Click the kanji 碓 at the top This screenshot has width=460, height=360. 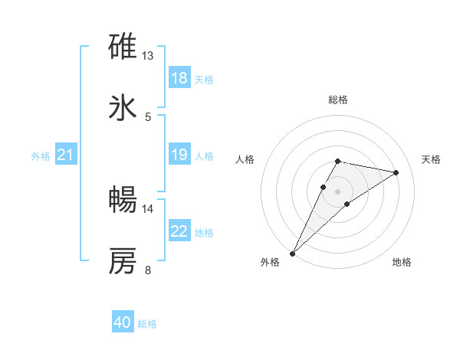coord(123,47)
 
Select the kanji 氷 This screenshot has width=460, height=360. coord(123,107)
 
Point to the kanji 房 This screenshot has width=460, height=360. coord(123,260)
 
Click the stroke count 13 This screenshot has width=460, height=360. coord(148,56)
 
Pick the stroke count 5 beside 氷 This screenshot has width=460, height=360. coord(148,116)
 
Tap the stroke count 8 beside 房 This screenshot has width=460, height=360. coord(148,270)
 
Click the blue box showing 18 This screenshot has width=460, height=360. coord(179,78)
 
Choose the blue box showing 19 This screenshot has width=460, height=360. coord(179,155)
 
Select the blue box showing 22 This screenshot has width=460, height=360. coord(179,231)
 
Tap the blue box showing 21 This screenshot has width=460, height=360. coord(65,155)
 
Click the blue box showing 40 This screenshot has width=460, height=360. coord(123,323)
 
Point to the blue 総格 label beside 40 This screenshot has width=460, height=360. coord(148,324)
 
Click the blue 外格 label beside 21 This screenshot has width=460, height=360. coord(41,156)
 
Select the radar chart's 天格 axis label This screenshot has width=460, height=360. coord(432,159)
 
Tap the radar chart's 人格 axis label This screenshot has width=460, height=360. coord(245,159)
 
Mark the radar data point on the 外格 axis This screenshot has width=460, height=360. coord(292,253)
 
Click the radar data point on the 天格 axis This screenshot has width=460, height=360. coord(396,172)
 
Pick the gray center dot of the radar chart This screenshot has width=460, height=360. coord(337,191)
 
